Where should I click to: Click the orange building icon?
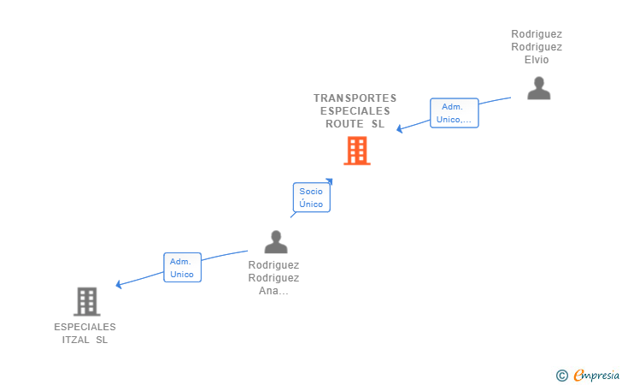(x=357, y=151)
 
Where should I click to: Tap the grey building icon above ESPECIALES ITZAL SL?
(x=87, y=301)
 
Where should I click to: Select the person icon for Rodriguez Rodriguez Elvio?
(x=538, y=88)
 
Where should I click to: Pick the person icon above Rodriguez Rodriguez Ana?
(x=276, y=242)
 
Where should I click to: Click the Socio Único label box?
(x=311, y=198)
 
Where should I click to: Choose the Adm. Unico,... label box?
(x=455, y=113)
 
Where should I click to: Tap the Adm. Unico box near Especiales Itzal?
(x=183, y=268)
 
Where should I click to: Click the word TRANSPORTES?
(x=355, y=98)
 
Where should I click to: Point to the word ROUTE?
(x=344, y=124)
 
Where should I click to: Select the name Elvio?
(x=537, y=60)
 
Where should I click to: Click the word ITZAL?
(x=75, y=340)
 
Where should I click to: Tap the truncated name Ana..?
(x=273, y=291)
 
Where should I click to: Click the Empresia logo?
(x=596, y=376)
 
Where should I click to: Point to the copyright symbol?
(x=561, y=376)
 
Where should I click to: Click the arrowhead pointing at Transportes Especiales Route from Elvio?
(x=400, y=128)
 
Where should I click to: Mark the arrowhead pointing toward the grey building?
(x=118, y=284)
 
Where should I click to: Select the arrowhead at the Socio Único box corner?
(x=329, y=181)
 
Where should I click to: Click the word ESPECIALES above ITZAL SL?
(x=85, y=327)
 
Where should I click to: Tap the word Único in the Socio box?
(x=311, y=204)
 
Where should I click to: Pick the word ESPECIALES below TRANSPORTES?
(x=355, y=111)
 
